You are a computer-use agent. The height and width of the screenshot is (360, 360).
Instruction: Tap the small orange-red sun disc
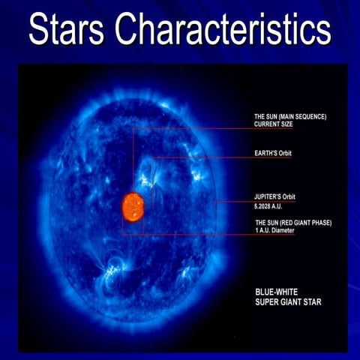(133, 207)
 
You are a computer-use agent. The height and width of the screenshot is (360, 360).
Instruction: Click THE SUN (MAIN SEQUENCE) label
(290, 116)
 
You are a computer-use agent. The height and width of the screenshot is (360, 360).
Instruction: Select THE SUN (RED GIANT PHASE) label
(292, 223)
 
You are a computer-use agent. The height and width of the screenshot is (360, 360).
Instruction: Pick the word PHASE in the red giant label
(319, 223)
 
